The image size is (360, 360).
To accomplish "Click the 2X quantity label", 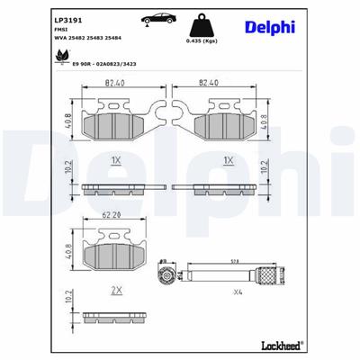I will point(115,292).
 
